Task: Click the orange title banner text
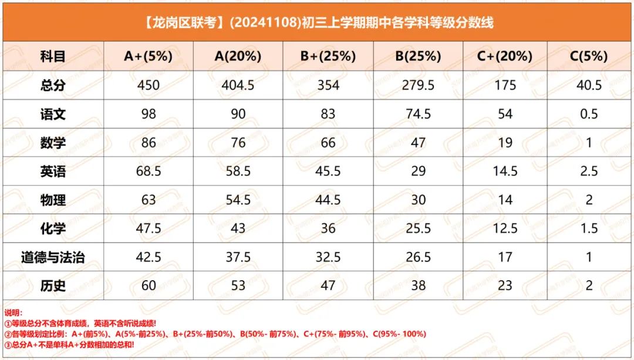[x=318, y=23]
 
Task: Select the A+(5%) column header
[x=149, y=56]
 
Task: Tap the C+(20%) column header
[x=505, y=56]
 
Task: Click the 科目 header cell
[x=53, y=56]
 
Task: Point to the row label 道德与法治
[x=53, y=257]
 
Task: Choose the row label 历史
[x=53, y=286]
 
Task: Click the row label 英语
[x=53, y=171]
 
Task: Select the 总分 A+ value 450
[x=149, y=85]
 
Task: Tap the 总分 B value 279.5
[x=418, y=85]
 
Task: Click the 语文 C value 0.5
[x=589, y=114]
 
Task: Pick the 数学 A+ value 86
[x=149, y=143]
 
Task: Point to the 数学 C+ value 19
[x=505, y=143]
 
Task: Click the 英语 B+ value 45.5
[x=328, y=171]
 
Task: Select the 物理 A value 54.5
[x=238, y=200]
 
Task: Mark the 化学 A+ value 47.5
[x=149, y=228]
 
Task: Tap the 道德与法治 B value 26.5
[x=418, y=257]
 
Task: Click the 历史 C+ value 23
[x=505, y=285]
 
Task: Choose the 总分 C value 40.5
[x=589, y=85]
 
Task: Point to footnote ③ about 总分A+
[x=69, y=345]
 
